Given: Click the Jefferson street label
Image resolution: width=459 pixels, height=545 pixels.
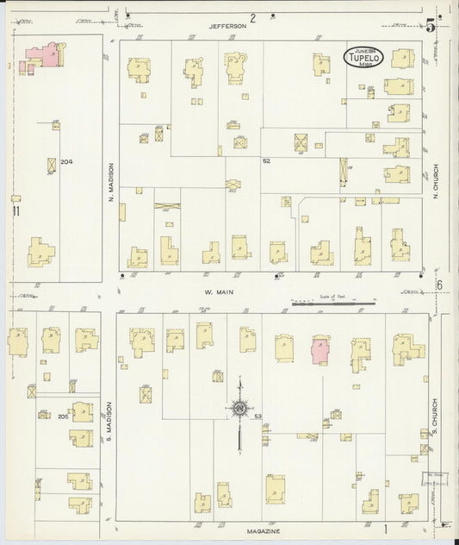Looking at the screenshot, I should pyautogui.click(x=227, y=27).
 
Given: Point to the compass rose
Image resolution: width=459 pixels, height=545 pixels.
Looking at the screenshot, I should pyautogui.click(x=239, y=409).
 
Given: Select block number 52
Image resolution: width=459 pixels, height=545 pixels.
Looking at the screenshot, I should pyautogui.click(x=267, y=161).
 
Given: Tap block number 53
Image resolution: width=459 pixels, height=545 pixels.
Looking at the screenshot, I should pyautogui.click(x=258, y=417).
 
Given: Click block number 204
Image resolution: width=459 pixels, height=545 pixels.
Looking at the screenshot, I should pyautogui.click(x=66, y=161).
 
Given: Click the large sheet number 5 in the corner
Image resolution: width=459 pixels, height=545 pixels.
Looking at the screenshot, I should pyautogui.click(x=429, y=25).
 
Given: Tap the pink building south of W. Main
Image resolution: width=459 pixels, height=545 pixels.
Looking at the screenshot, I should pyautogui.click(x=319, y=350).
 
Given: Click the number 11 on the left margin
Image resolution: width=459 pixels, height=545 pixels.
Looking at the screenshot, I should pyautogui.click(x=16, y=210).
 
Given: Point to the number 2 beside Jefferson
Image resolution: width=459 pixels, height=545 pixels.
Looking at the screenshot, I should pyautogui.click(x=254, y=18).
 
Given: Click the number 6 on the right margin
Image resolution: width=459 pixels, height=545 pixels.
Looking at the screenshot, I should pyautogui.click(x=438, y=286).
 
